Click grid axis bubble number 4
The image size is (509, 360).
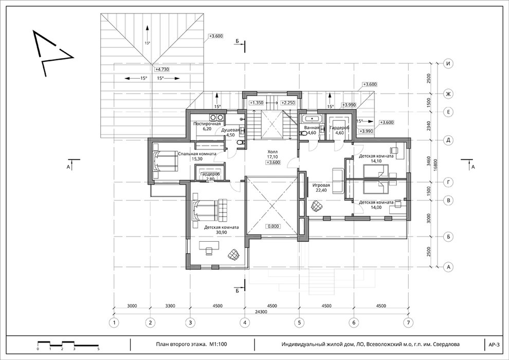click(245, 322)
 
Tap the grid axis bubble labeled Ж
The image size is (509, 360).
click(448, 94)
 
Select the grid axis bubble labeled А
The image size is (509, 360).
click(448, 267)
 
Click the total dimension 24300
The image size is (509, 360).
click(261, 312)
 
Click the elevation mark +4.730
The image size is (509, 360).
click(162, 69)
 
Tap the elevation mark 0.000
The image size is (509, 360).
click(274, 226)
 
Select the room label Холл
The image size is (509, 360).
click(272, 152)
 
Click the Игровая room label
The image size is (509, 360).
click(321, 185)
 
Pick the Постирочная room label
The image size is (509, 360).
click(207, 123)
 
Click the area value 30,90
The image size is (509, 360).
click(221, 232)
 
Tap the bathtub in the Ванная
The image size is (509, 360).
click(311, 118)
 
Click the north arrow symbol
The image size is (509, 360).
click(52, 52)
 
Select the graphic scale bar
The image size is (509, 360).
click(68, 344)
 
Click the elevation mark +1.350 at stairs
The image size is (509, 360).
click(256, 103)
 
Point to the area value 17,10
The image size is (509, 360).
click(272, 157)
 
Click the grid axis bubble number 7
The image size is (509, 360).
click(408, 322)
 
